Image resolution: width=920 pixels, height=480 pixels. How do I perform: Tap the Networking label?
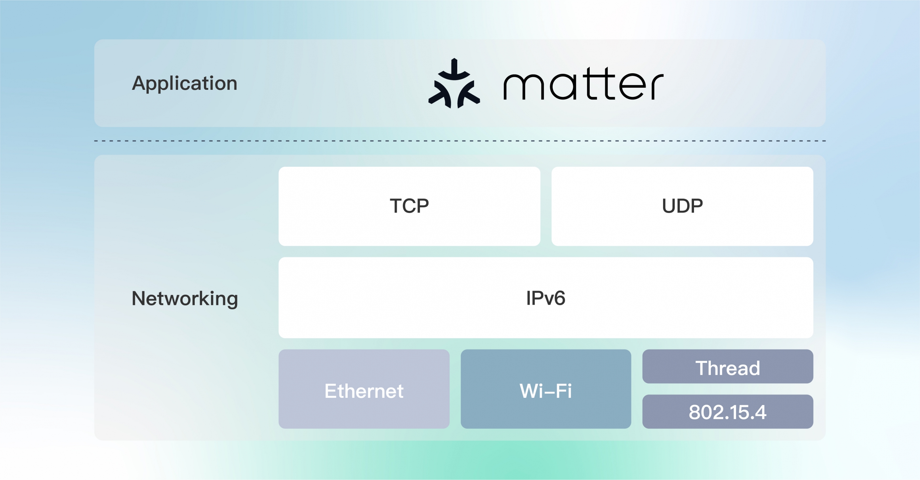[185, 299]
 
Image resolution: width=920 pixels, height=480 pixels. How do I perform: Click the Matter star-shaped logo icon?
[454, 83]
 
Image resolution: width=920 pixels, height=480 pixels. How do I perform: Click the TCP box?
[409, 206]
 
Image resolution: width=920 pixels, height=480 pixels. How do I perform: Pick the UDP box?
[682, 206]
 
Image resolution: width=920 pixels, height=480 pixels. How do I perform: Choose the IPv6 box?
[546, 298]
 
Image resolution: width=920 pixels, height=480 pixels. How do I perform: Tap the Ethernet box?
[364, 389]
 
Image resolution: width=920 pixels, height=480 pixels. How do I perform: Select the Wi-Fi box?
[546, 389]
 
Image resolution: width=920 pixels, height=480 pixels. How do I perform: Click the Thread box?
[727, 367]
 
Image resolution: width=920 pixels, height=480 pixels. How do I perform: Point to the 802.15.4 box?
[727, 411]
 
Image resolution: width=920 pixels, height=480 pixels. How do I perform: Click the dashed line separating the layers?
[460, 141]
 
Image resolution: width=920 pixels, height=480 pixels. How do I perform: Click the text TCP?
[409, 206]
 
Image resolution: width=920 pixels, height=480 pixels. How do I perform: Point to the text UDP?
[682, 206]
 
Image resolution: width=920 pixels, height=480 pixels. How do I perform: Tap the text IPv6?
[546, 298]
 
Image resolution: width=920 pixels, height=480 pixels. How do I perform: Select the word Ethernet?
[364, 391]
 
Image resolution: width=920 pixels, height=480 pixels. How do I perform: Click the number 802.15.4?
[727, 413]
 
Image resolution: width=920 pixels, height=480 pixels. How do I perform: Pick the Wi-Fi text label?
[546, 391]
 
